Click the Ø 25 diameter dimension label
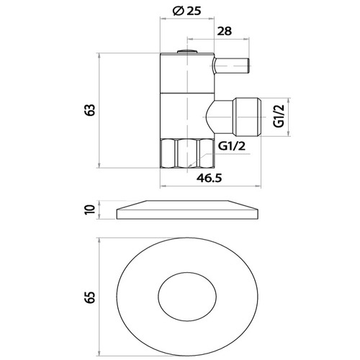pos(187,11)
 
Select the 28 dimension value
pos(225,31)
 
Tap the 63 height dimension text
pos(90,110)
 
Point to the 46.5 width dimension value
pos(210,178)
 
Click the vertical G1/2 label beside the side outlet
pos(279,116)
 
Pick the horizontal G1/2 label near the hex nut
pos(232,145)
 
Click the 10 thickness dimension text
pos(90,210)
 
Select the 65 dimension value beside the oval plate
pos(91,297)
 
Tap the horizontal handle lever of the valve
pos(231,66)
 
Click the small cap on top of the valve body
pos(187,51)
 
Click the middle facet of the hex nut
pos(187,153)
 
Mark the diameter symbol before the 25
pos(178,11)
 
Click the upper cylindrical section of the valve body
pos(187,73)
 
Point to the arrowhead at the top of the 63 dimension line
pos(99,55)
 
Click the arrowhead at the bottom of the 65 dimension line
pos(99,354)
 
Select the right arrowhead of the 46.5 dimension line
pos(258,186)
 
